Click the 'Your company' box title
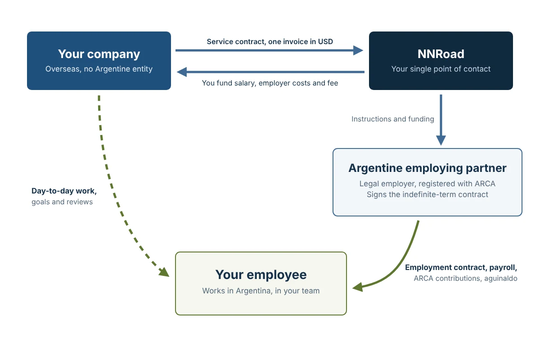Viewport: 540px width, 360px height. coord(99,54)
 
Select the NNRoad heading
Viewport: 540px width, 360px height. coord(441,54)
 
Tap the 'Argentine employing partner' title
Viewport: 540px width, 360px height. coord(427,168)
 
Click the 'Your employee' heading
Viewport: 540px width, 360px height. coord(261,274)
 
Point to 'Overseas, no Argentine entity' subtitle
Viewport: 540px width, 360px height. coord(99,69)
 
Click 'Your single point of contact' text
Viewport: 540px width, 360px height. coord(441,69)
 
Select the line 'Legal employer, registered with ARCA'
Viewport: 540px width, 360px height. coord(427,184)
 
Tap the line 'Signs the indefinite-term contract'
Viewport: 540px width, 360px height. coord(427,194)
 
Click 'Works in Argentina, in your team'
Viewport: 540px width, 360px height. coord(261,291)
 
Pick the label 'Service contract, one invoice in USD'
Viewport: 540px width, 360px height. coord(270,42)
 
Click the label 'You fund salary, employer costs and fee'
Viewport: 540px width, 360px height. coord(270,83)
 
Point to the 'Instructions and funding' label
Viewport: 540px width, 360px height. coord(393,119)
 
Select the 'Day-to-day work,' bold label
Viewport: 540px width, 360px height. coord(64,191)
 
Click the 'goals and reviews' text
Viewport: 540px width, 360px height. coord(62,202)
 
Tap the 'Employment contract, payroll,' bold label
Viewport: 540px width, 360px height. coord(461,267)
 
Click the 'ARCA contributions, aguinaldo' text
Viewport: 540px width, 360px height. coord(465,278)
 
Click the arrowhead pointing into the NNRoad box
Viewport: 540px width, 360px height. coord(358,50)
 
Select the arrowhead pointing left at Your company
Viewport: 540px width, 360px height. coord(182,72)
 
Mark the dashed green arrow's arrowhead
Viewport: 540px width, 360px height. coord(164,272)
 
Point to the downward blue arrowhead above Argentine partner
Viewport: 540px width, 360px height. coord(441,140)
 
